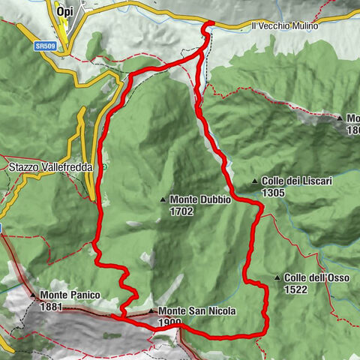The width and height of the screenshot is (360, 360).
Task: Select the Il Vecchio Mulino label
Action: (285, 26)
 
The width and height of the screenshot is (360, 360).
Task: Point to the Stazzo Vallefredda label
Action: (51, 167)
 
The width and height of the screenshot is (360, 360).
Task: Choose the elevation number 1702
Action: (182, 211)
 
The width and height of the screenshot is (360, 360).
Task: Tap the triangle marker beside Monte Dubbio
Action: (163, 200)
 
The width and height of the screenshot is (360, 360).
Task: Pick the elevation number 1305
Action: (274, 193)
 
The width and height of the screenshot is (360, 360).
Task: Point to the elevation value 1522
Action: (295, 290)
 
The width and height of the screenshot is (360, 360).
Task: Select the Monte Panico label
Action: (70, 295)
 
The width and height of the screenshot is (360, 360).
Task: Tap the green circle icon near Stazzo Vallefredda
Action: (106, 166)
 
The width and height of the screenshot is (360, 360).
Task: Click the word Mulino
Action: (303, 26)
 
